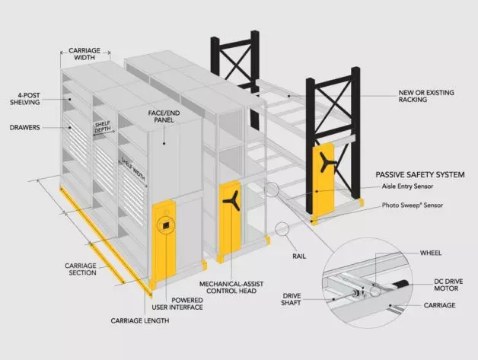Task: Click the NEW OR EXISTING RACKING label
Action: tap(427, 97)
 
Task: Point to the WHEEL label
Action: tap(430, 252)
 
